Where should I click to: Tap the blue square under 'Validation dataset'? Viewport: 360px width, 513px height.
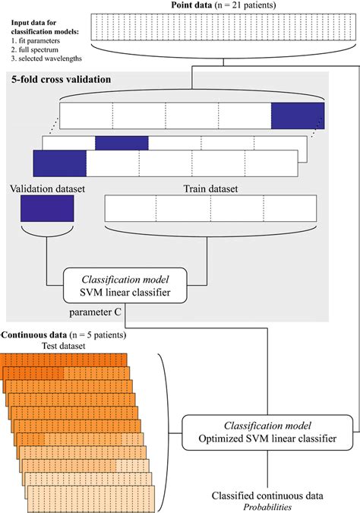click(x=47, y=207)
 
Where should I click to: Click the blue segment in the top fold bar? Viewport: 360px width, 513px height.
click(x=298, y=114)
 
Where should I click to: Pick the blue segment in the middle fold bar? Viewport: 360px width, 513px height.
click(x=122, y=142)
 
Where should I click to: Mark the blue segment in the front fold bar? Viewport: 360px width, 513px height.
click(x=59, y=163)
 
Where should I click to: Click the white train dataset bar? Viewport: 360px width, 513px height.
click(x=210, y=207)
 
